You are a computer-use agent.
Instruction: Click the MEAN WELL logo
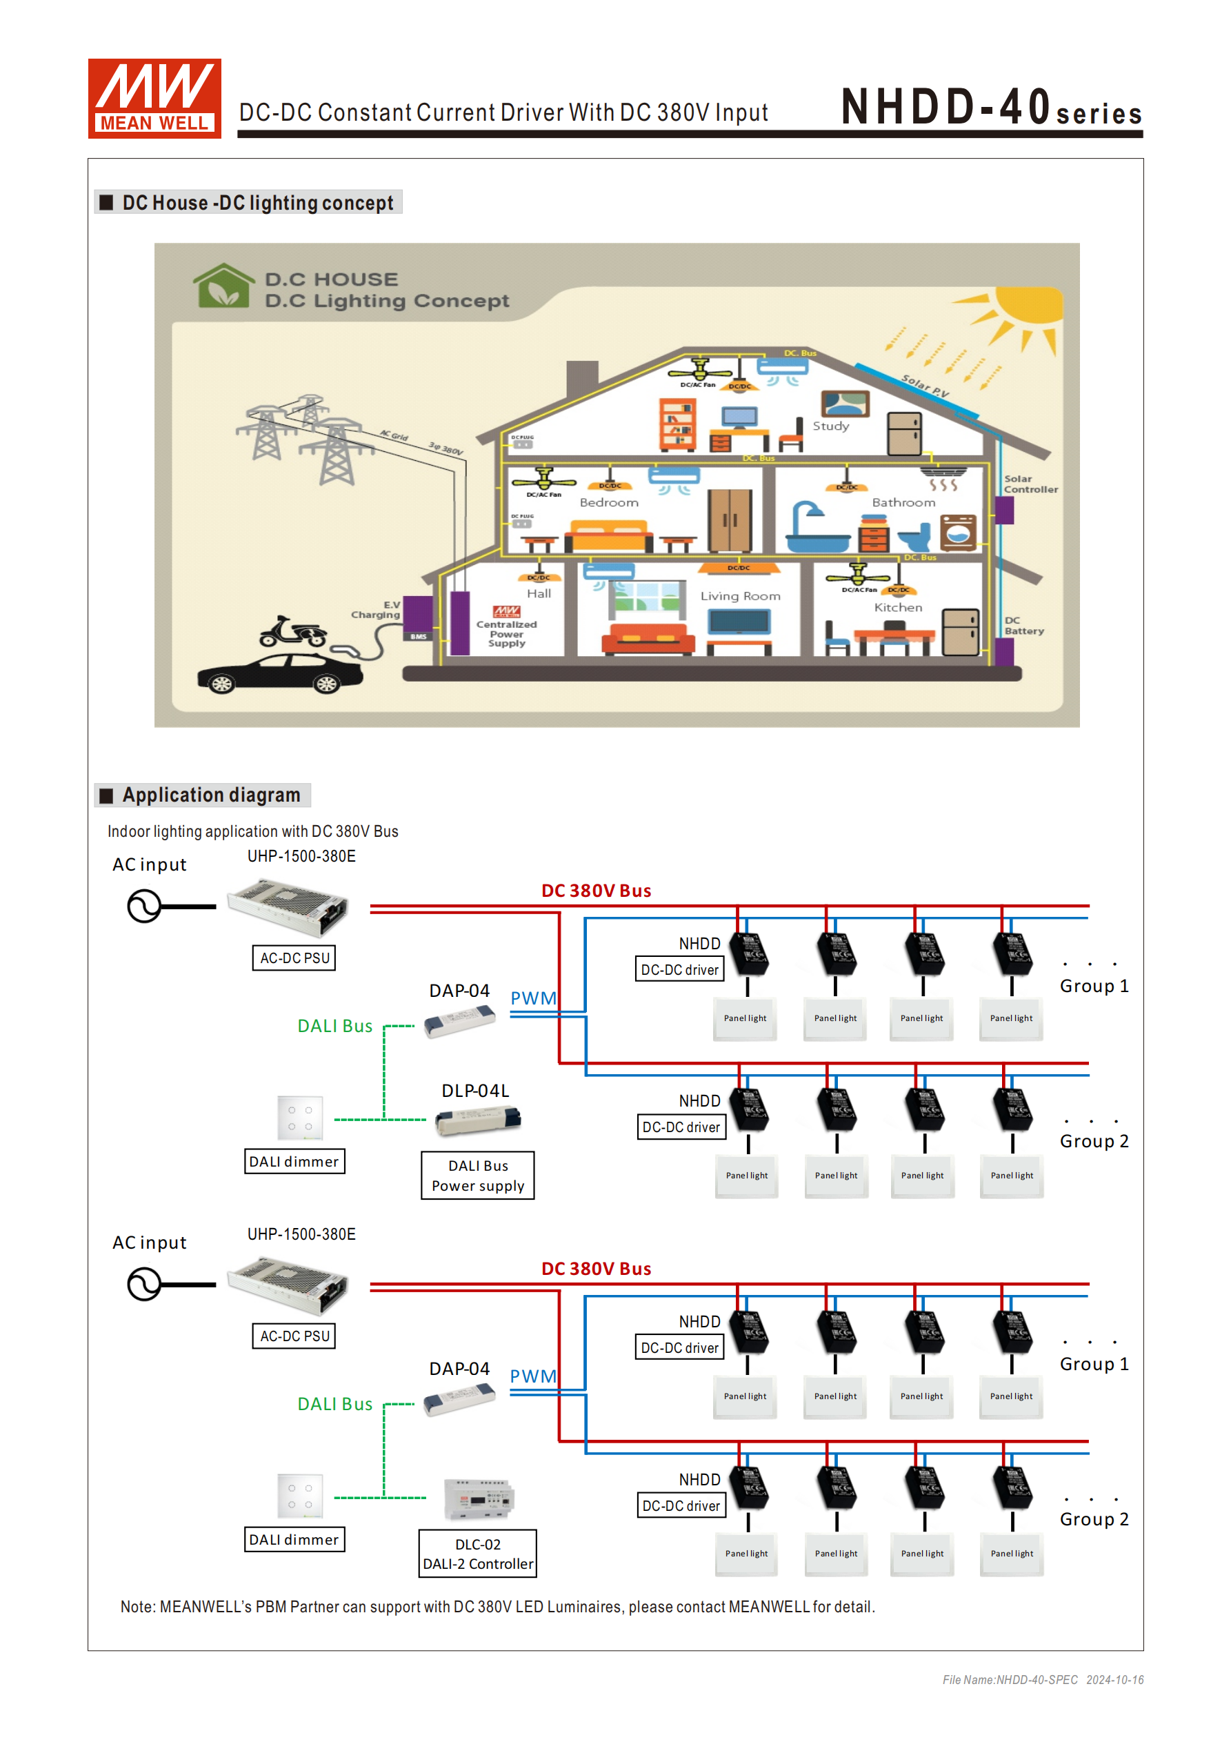coord(154,99)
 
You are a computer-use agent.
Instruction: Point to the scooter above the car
coord(292,631)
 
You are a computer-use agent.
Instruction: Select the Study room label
coord(830,426)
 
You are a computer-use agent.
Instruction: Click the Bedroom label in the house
coord(608,502)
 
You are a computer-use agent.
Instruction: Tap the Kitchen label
coord(898,608)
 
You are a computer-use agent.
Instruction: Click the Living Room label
coord(739,596)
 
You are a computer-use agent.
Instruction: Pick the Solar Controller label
coord(1030,484)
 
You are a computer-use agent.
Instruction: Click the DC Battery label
coord(1023,626)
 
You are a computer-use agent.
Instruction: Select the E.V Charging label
coord(377,610)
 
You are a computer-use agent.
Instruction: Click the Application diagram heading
coord(211,795)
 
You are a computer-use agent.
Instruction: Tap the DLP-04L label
coord(474,1091)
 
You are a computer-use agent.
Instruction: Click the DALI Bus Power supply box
coord(477,1175)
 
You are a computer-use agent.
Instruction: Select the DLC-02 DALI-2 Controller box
coord(477,1554)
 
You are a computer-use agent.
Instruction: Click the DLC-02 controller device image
coord(479,1499)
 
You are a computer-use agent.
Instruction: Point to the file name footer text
coord(1042,1680)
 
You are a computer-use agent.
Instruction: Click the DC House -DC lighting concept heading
coord(257,204)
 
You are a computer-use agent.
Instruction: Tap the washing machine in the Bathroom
coord(958,531)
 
